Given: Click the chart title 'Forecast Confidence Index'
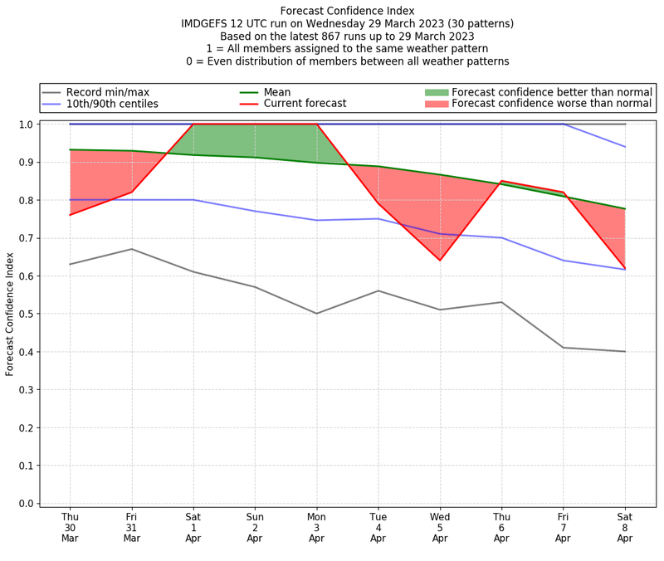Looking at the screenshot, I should coord(347,11).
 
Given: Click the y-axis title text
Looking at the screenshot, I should coord(10,313).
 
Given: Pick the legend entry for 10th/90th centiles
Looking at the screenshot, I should coord(112,104).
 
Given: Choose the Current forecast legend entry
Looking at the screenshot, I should coord(305,104).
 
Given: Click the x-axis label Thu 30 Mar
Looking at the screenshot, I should coord(70,527).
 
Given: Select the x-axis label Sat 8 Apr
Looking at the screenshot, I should coord(625,527).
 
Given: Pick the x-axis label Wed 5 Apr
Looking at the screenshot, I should coord(440,527).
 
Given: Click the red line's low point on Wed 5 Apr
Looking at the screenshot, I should coord(440,261).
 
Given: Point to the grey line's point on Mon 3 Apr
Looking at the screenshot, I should coord(316,314).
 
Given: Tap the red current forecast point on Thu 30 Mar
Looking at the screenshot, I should coord(70,215).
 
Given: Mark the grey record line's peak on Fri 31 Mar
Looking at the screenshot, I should coord(131,249).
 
